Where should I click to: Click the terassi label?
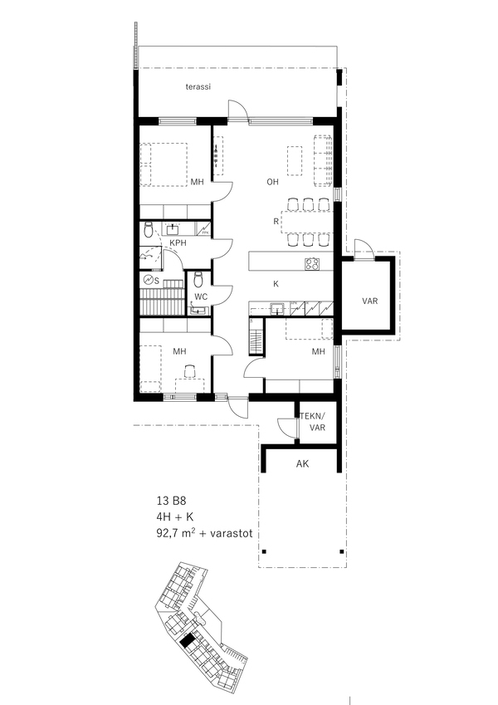[198, 87]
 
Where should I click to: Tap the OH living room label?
[272, 182]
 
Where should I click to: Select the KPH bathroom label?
[178, 242]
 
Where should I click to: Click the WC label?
[201, 296]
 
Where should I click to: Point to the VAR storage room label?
[370, 301]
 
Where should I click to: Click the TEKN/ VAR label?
[317, 422]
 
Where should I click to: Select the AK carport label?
[302, 463]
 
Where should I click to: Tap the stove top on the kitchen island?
[312, 263]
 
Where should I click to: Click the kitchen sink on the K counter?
[277, 308]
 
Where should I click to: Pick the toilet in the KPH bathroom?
[149, 230]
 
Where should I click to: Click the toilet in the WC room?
[198, 280]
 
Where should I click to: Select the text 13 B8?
[171, 501]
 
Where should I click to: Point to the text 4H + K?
[175, 517]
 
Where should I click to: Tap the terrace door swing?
[237, 109]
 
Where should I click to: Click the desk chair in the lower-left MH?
[190, 371]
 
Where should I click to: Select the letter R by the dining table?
[276, 222]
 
